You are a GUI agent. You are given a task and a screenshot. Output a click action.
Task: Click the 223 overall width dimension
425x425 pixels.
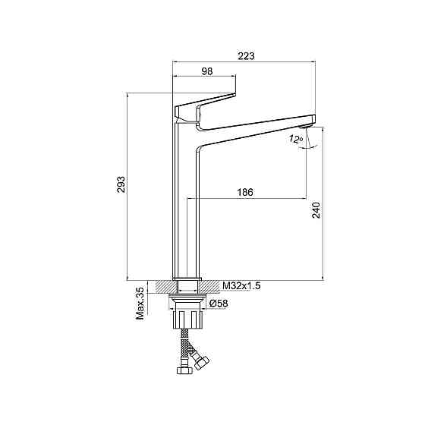(246, 56)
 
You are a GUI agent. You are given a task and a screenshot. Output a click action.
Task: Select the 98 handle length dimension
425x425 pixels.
(207, 71)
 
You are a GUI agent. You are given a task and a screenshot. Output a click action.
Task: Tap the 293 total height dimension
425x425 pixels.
(121, 184)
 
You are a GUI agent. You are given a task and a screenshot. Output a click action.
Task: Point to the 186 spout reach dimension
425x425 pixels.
(245, 192)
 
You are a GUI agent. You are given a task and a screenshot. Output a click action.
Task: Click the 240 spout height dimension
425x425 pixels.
(316, 210)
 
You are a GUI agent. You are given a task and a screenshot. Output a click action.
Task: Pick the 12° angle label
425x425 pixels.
(295, 139)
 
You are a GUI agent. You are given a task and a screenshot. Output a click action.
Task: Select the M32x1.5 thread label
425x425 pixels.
(241, 285)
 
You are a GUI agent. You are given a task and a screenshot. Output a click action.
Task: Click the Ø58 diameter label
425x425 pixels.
(219, 304)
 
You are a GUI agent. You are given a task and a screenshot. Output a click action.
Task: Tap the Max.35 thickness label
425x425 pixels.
(140, 304)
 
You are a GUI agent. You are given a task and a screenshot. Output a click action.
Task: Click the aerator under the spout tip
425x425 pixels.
(305, 126)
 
